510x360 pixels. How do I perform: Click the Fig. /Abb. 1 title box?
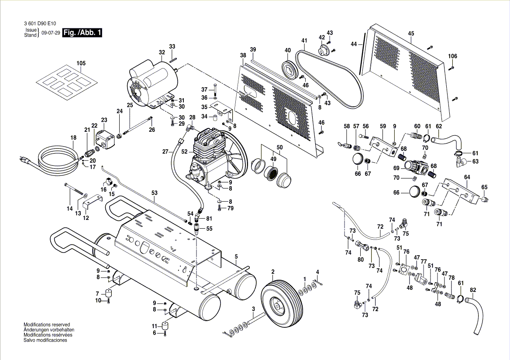point(82,33)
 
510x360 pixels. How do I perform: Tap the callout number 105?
point(81,63)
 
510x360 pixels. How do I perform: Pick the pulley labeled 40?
point(289,70)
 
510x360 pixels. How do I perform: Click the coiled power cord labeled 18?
point(55,159)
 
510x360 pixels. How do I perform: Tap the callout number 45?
point(411,33)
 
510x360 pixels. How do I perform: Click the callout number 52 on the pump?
point(184,151)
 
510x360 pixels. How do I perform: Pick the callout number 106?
point(453,56)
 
